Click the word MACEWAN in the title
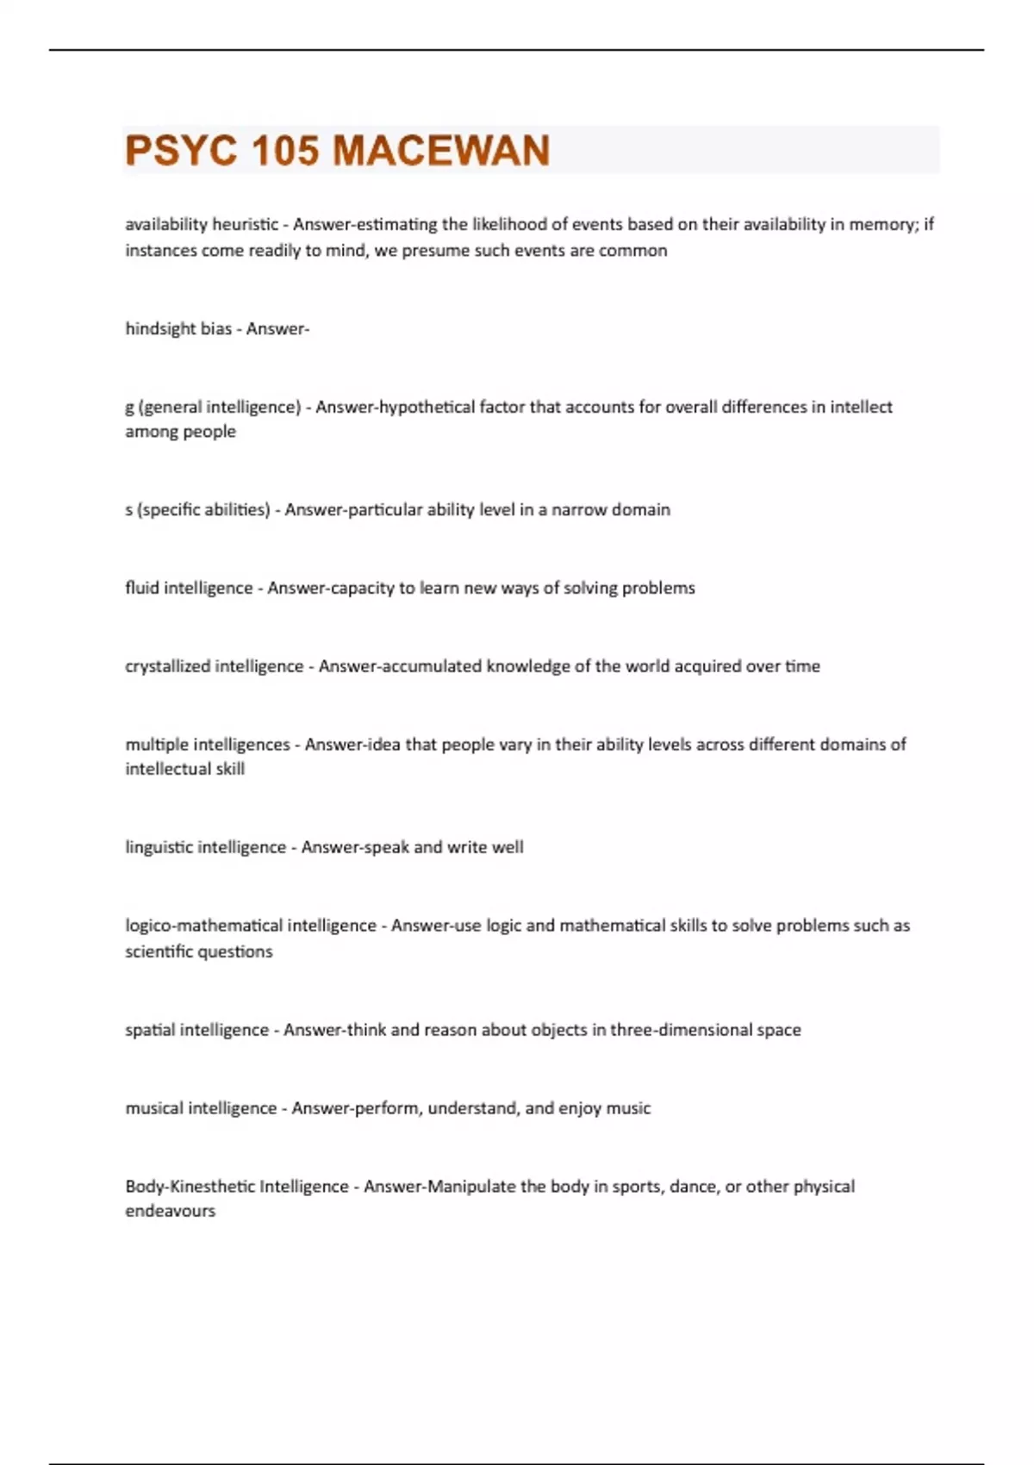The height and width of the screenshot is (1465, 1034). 441,151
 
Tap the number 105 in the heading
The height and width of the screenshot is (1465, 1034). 284,151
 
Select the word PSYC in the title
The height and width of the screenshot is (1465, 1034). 181,151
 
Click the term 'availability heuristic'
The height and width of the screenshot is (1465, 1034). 202,225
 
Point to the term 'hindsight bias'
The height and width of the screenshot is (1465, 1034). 178,329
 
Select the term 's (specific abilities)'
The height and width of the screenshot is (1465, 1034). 197,510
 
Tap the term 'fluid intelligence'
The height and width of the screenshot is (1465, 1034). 189,589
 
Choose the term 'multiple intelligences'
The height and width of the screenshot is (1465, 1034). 208,745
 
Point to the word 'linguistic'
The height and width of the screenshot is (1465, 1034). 159,848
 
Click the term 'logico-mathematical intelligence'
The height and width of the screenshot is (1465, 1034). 251,926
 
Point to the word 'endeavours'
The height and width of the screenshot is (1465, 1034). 171,1212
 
